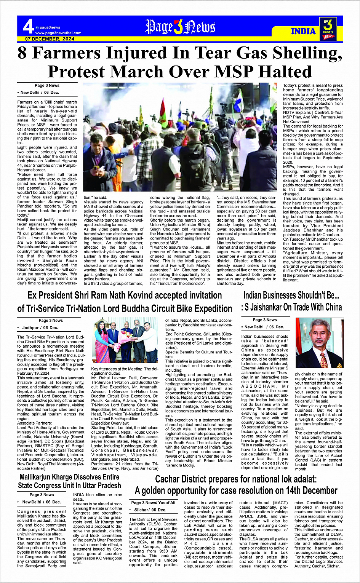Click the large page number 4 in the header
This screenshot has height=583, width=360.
pos(28,27)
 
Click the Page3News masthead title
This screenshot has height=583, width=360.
pos(180,27)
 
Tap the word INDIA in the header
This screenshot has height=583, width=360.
pos(303,31)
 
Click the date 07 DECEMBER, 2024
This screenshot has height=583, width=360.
pos(50,39)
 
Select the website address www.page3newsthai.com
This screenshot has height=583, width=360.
pos(58,33)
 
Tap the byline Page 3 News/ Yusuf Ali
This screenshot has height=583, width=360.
pos(153,503)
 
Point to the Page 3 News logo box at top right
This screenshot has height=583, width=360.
pos(328,29)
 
